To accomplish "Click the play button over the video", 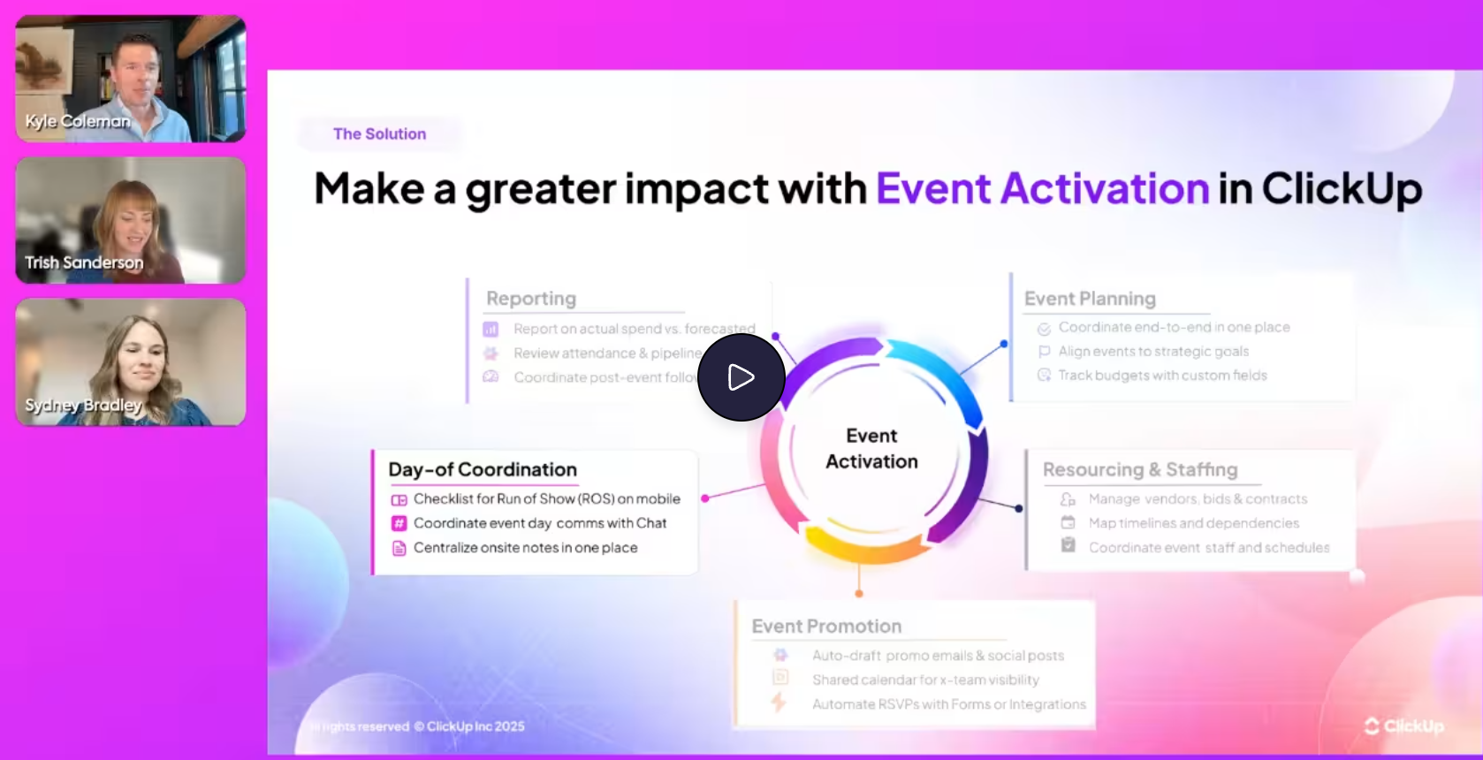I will click(741, 377).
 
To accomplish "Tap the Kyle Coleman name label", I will click(78, 121).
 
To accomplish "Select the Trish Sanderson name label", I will click(84, 262).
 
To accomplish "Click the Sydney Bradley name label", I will click(83, 405).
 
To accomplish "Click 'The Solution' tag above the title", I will click(379, 134).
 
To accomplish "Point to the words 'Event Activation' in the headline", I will click(1042, 188).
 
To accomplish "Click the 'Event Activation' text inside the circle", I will click(871, 449).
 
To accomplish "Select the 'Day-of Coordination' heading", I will click(483, 470).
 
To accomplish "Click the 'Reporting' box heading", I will click(531, 299).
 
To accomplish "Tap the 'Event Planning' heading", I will click(1090, 299).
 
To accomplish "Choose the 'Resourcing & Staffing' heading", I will click(1139, 470).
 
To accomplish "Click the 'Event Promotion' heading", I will click(826, 627).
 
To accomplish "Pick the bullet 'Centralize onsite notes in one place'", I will click(525, 548).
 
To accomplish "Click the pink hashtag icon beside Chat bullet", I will click(399, 523).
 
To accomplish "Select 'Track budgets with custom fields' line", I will click(1162, 376).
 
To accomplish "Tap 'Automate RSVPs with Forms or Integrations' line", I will click(948, 704).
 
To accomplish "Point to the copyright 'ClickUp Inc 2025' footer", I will click(475, 726).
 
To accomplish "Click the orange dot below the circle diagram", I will click(859, 593).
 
